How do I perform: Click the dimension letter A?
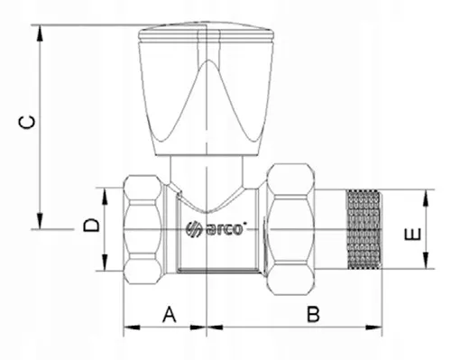(170, 314)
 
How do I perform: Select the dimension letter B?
(313, 314)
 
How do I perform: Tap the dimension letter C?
(26, 122)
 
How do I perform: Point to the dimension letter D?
(91, 225)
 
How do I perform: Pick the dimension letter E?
(412, 235)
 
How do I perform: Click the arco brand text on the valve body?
(224, 229)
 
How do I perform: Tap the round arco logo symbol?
(193, 229)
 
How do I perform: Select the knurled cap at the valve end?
(363, 229)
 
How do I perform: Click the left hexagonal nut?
(143, 229)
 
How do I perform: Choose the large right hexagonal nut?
(290, 229)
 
